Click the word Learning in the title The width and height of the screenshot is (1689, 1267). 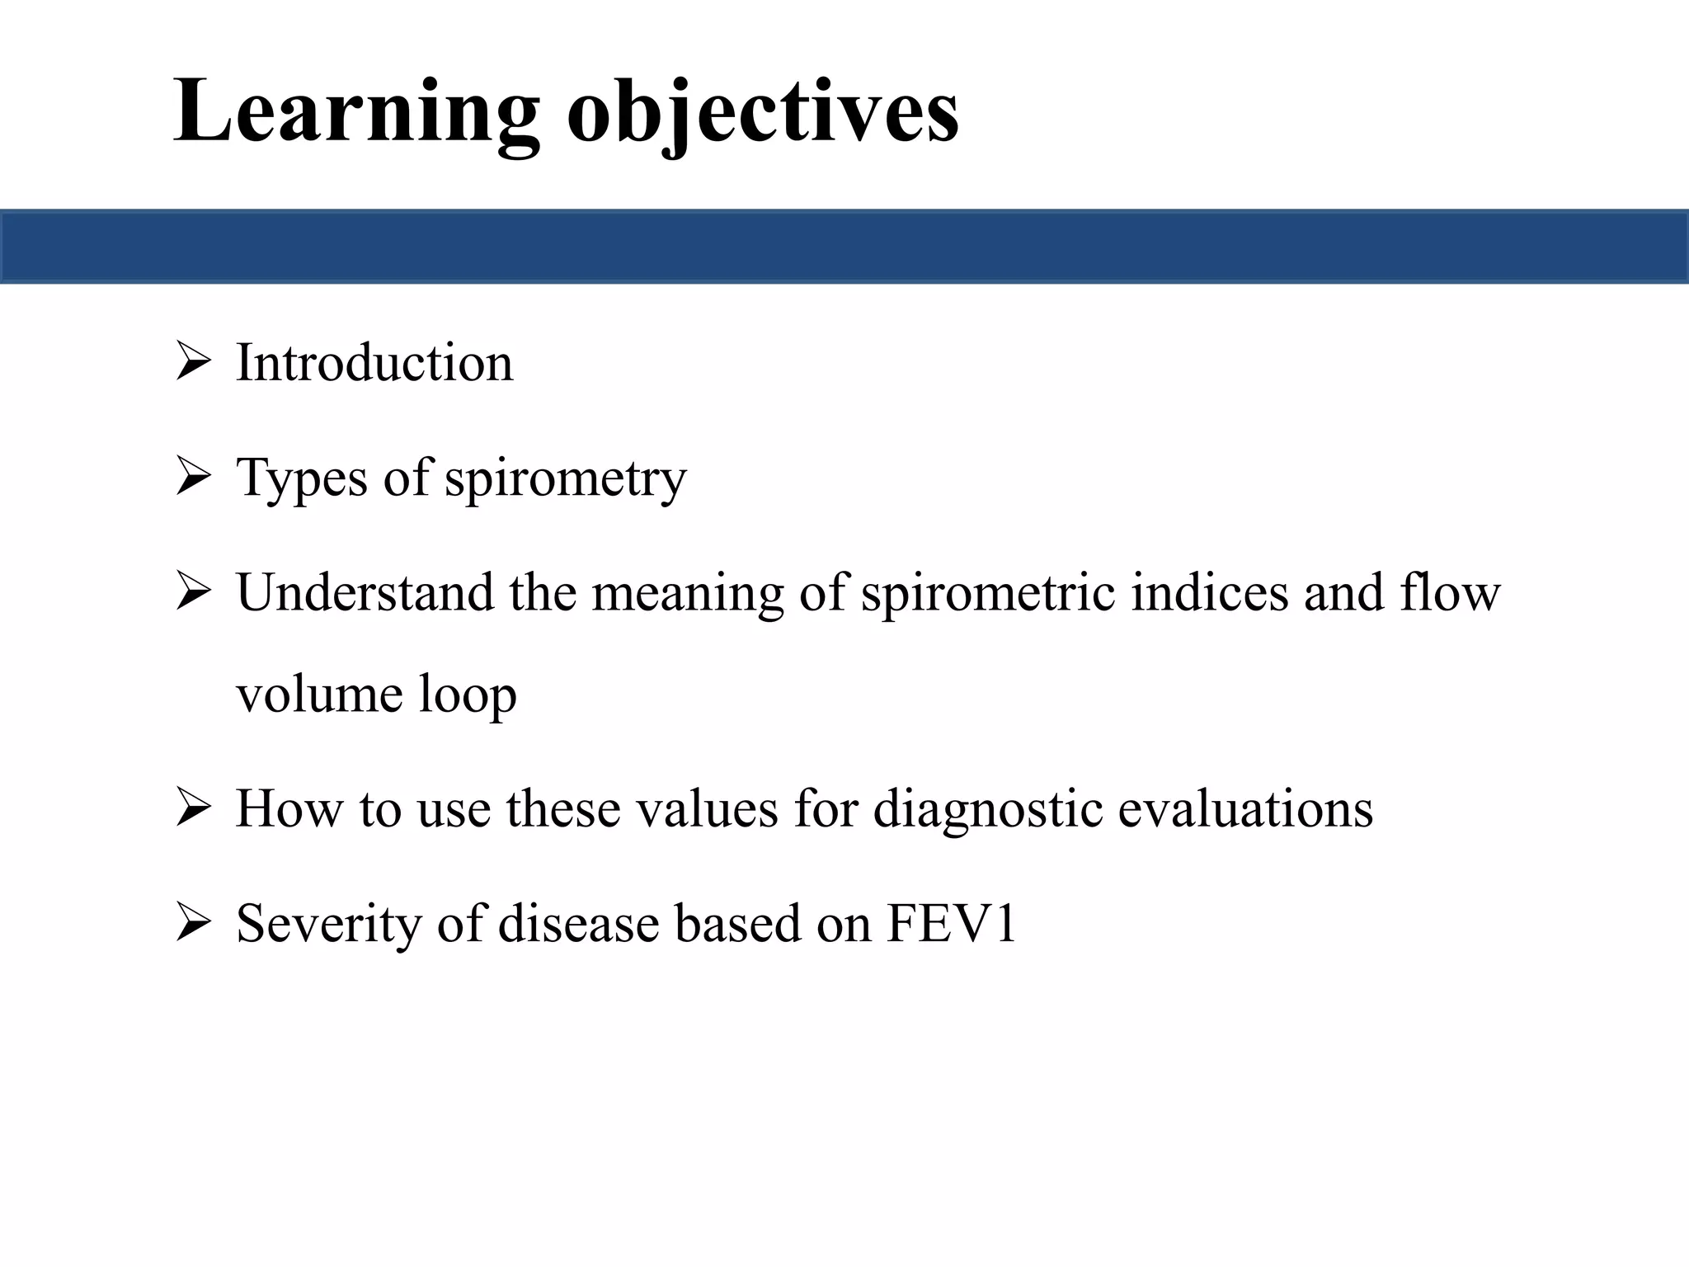click(355, 111)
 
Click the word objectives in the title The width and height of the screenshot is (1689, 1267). click(763, 111)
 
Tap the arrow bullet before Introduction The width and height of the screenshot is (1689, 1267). click(194, 363)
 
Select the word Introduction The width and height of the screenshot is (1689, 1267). click(374, 363)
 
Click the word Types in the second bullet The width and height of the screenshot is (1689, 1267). click(301, 478)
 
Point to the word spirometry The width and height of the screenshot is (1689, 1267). click(565, 478)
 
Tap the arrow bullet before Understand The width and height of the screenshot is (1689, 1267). click(194, 592)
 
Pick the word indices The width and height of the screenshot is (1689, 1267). click(1209, 592)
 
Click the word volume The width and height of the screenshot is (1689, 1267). click(318, 695)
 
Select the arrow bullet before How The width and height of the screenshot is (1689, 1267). click(194, 808)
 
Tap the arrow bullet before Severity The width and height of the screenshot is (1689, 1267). click(194, 923)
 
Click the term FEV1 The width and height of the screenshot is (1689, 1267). click(951, 923)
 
